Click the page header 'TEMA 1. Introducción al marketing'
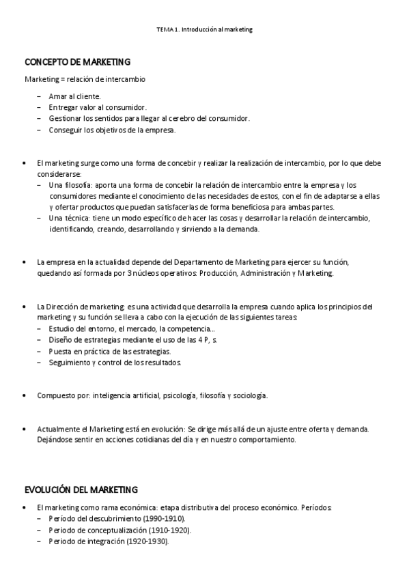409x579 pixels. [x=204, y=30]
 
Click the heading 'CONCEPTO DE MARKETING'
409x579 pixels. [x=77, y=62]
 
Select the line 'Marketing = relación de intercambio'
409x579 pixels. [x=85, y=79]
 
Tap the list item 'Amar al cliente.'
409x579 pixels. [x=74, y=96]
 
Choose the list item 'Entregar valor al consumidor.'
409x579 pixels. [x=98, y=107]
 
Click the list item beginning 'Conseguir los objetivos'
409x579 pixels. [x=112, y=130]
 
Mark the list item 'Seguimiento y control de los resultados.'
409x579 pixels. [x=115, y=363]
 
